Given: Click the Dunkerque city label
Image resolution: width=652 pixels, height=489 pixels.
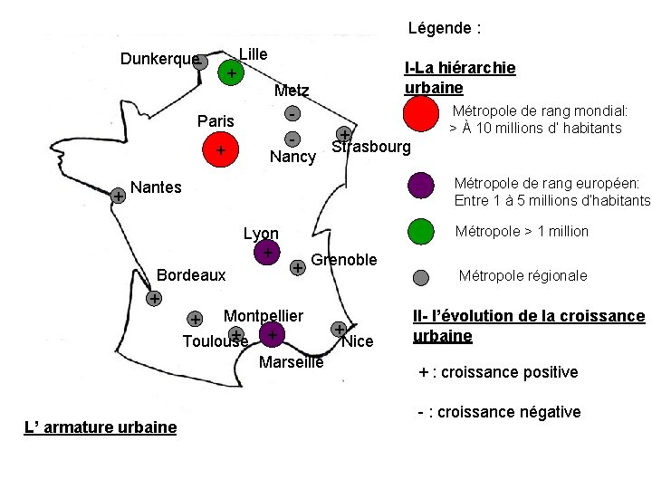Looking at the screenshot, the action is pyautogui.click(x=158, y=60).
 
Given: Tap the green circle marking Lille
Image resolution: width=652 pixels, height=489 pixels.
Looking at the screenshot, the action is pyautogui.click(x=232, y=72).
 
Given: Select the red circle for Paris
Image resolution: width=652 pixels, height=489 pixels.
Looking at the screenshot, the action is pyautogui.click(x=221, y=149).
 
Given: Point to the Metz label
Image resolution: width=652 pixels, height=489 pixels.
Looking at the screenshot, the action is pyautogui.click(x=292, y=91).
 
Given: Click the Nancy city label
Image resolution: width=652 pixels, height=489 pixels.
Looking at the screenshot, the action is pyautogui.click(x=292, y=158).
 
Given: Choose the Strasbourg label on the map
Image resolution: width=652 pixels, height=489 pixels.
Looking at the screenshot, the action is pyautogui.click(x=370, y=148).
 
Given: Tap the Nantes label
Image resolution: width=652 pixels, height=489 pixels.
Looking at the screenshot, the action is pyautogui.click(x=156, y=188).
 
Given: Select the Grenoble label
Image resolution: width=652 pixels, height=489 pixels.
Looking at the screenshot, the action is pyautogui.click(x=343, y=260).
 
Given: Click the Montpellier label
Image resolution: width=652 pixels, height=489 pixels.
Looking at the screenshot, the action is pyautogui.click(x=263, y=315).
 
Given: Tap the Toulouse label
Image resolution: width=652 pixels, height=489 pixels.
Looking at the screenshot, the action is pyautogui.click(x=215, y=341).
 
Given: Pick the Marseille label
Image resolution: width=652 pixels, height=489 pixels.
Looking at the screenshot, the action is pyautogui.click(x=291, y=363).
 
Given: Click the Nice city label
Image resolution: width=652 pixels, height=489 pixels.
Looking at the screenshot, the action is pyautogui.click(x=357, y=341).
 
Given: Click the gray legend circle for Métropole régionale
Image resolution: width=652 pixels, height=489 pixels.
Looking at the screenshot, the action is pyautogui.click(x=420, y=278).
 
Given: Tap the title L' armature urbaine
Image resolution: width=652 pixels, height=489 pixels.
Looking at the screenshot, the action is pyautogui.click(x=100, y=427).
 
